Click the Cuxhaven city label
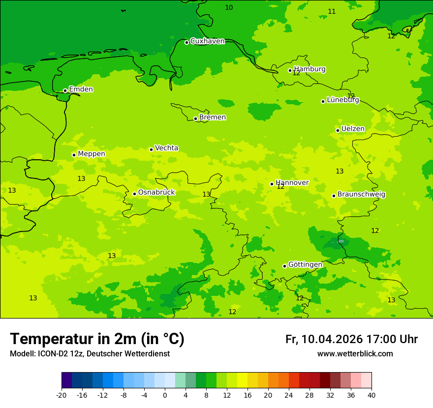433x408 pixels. pos(207,41)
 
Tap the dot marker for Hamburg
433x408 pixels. pos(290,70)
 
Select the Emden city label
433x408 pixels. pos(81,89)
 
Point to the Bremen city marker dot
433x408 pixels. pos(195,118)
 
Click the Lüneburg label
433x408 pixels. pos(343,100)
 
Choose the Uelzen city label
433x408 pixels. pos(353,129)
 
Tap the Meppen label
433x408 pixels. pos(92,154)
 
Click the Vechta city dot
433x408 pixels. pos(151,149)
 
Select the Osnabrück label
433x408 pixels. pos(156,193)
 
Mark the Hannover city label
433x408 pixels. pos(292,183)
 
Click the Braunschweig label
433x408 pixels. pos(361,195)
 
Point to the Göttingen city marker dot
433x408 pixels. pos(284,266)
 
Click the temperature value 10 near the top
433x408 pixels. pos(229,7)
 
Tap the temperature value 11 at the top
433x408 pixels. pos(332,11)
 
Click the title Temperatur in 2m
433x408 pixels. pos(97,339)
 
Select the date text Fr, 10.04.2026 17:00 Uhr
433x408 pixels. pos(351,339)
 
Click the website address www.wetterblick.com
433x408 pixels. pos(355,354)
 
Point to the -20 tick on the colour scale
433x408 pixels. pos(62,395)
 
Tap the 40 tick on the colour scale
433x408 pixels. pos(371,395)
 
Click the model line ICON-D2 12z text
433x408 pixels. pos(90,354)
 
